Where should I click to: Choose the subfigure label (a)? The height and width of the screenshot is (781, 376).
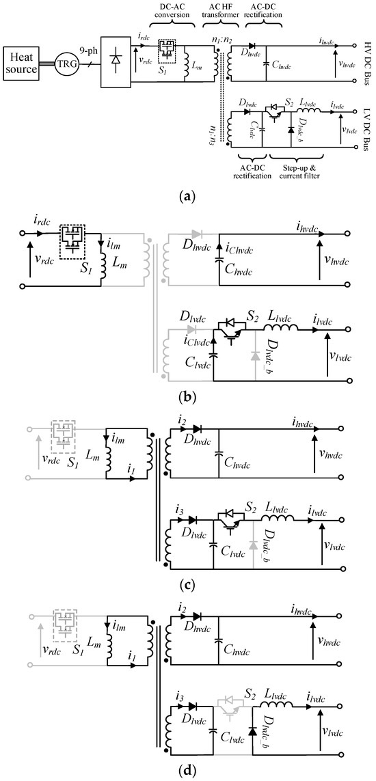(x=187, y=197)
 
